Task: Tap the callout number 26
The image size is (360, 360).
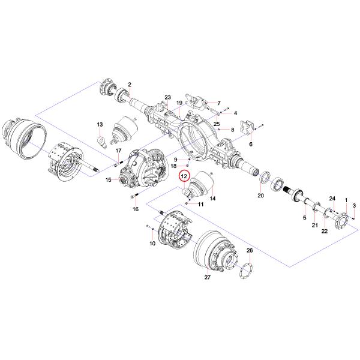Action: point(250,251)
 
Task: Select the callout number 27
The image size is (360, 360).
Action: point(208,278)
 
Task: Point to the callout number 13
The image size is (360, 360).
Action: point(100,124)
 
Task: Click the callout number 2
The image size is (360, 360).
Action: point(129,84)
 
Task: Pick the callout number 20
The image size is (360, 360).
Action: point(260,196)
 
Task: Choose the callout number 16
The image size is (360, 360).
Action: point(136,209)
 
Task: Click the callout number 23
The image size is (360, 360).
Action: point(168,97)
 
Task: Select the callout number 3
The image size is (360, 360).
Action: point(355,206)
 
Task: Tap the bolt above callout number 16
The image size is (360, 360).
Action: point(132,197)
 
